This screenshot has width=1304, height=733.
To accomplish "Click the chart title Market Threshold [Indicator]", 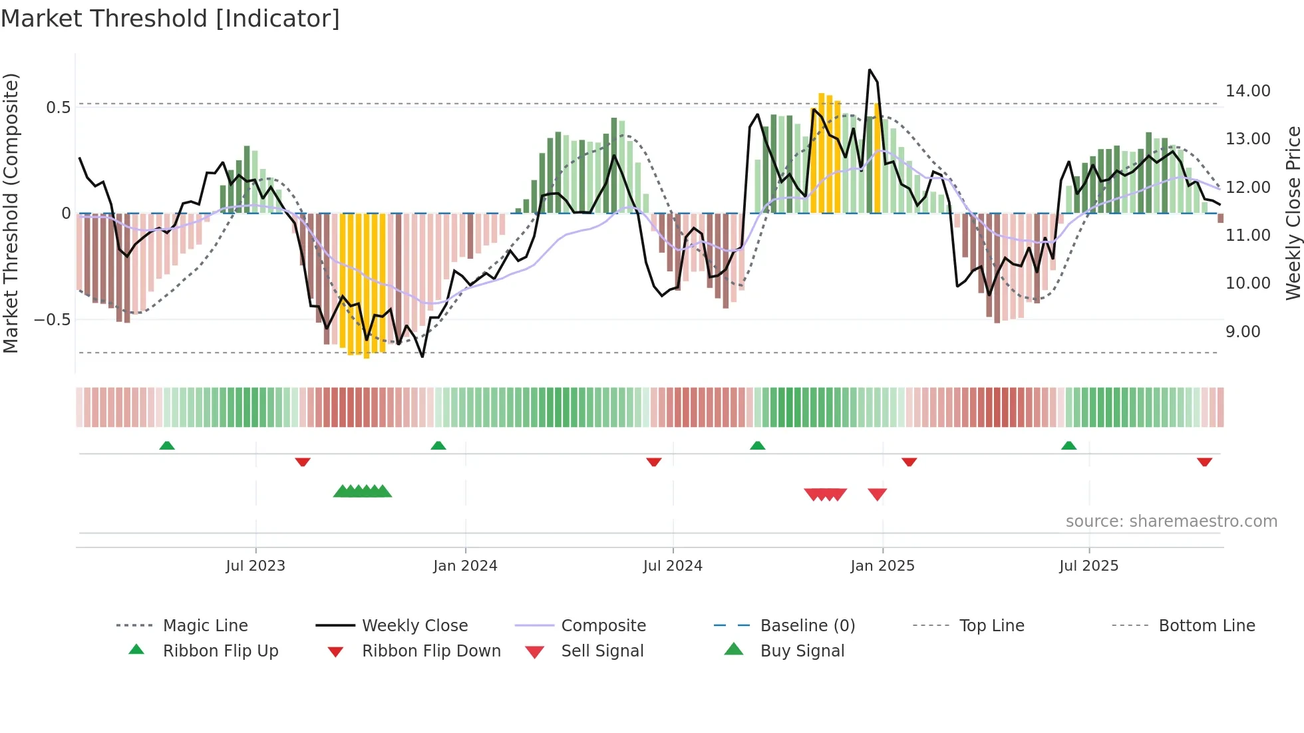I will pos(170,19).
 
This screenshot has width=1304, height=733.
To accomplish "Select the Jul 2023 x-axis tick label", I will pos(255,566).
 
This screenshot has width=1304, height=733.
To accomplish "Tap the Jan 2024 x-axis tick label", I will pos(465,566).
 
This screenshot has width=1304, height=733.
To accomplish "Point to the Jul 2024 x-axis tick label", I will pos(673,566).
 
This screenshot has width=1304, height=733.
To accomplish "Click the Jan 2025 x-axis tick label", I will pos(882,566).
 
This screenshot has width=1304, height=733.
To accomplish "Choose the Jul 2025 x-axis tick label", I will pos(1088,566).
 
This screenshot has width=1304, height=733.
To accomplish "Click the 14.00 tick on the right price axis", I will pos(1247,91).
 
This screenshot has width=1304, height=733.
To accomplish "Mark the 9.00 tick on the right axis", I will pos(1243,332).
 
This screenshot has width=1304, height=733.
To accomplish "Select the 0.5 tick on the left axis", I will pos(58,108).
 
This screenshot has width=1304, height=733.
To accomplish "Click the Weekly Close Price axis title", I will pos(1293,213).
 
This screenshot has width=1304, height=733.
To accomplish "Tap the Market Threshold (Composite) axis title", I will pos(11,213).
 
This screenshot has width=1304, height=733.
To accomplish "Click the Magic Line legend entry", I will pos(205,626).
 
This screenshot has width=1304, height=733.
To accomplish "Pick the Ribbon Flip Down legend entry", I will pos(430,651).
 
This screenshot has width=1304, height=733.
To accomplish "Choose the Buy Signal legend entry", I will pos(802,651).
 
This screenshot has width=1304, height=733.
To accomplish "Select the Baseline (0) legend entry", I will pos(807,626).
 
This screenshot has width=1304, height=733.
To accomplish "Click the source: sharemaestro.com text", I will pos(1171,521).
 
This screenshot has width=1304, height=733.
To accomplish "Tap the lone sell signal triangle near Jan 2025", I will pos(877,494).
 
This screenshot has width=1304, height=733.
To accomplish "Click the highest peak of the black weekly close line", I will pos(870,70).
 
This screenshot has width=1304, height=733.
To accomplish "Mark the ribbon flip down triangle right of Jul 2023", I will pos(303,462).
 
